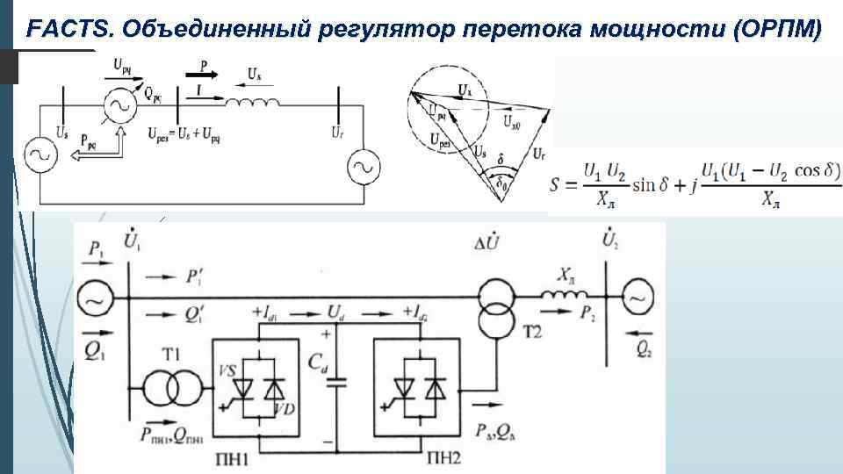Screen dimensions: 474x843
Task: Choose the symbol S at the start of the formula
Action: point(569,186)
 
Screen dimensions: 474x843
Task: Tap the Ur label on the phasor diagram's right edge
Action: point(537,154)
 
